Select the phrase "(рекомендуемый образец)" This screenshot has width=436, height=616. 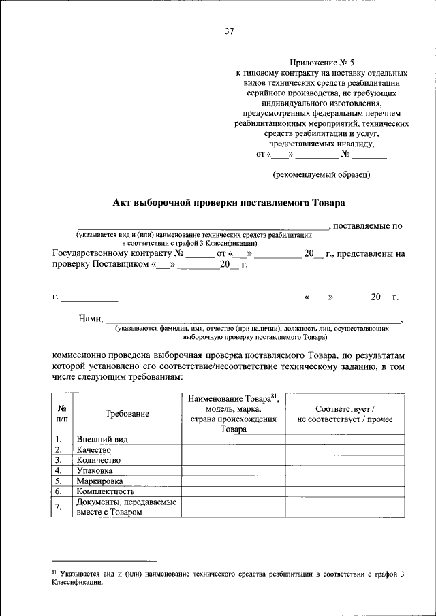click(321, 175)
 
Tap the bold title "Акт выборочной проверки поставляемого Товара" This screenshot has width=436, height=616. click(228, 202)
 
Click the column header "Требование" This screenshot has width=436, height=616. click(127, 414)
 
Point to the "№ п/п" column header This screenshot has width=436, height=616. click(62, 414)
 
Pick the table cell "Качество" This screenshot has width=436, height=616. click(95, 449)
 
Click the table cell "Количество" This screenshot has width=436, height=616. click(99, 459)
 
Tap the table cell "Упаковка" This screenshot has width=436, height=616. click(95, 470)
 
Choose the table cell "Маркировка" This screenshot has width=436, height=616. click(100, 480)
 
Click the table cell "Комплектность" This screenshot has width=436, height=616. click(106, 490)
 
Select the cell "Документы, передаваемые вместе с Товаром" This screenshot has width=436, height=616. click(126, 506)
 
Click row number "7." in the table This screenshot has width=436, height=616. click(59, 506)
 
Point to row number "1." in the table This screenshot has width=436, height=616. click(59, 439)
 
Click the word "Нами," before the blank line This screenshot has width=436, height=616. click(91, 319)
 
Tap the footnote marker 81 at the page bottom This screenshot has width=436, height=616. click(54, 572)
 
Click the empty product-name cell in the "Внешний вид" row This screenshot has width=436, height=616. click(233, 439)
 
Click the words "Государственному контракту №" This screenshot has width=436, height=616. click(119, 253)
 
